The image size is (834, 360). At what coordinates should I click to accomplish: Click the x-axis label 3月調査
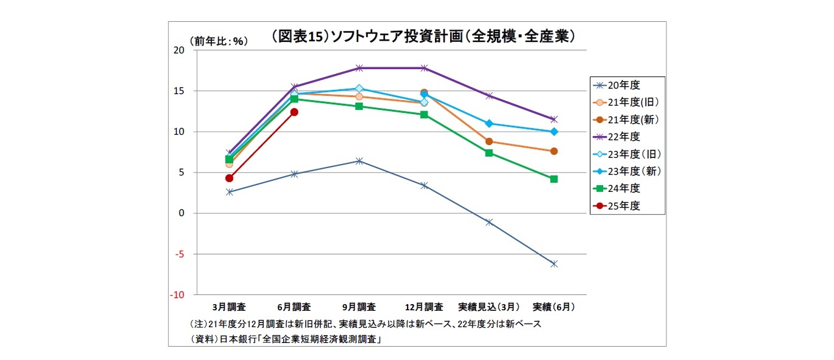coord(229,307)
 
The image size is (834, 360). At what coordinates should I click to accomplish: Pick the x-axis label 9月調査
coord(359,307)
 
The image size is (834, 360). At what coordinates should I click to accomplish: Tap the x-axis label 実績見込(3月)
coord(489,307)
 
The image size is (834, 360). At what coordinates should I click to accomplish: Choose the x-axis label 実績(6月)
coord(553,307)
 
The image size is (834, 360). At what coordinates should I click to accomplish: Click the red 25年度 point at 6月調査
coord(294,112)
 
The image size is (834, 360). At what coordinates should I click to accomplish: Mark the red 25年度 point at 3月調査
coord(229,178)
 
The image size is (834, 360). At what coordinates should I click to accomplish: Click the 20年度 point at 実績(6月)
coord(554,263)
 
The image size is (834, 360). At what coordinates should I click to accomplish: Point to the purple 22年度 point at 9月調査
coord(359,68)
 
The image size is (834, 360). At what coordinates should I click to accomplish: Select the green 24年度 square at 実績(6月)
coord(554,179)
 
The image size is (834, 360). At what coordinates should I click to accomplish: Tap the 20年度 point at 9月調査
coord(359,161)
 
